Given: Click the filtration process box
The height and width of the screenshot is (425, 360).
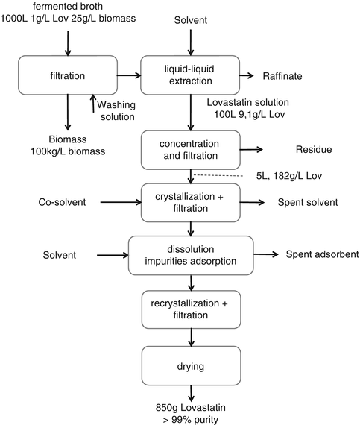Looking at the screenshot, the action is pos(68,75).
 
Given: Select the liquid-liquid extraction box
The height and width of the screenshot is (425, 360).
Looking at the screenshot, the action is pos(190,75).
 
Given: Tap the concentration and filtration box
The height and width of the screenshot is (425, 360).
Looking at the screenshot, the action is pos(191,150).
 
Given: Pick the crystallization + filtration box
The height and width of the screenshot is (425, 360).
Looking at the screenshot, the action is pos(191,203).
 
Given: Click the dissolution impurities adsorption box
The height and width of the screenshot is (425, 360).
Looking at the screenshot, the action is pos(191,255).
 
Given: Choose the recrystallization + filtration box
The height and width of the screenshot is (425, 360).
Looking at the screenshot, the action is pos(192,309).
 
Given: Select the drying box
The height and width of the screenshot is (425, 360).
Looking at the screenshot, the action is pos(192,365).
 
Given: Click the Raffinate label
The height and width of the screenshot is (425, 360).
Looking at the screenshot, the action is pos(282,76).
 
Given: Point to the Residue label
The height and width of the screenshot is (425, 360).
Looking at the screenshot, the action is pos(314,149).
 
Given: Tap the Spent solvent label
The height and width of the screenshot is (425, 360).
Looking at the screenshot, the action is pos(308,202).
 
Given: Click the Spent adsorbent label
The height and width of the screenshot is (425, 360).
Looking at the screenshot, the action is pos(322,254).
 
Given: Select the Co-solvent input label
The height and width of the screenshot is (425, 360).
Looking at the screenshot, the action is pos(62,202).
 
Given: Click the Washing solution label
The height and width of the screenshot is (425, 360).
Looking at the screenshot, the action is pos(116,110).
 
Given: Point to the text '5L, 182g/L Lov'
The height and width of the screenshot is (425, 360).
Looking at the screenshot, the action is pos(289,176).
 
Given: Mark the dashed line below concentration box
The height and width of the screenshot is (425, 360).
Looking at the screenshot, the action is pos(218,176).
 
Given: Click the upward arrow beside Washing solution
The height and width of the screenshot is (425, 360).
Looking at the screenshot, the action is pos(93,104).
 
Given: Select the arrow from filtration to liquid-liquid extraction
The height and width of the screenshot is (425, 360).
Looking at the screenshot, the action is pos(129,75).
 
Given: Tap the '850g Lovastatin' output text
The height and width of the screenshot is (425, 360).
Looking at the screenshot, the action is pos(190,407).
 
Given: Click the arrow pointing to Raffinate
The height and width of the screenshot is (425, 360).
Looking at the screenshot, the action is pos(247,76).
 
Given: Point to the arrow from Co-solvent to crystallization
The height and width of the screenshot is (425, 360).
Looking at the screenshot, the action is pos(121,202).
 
